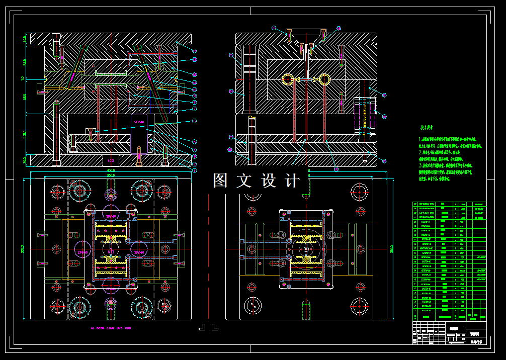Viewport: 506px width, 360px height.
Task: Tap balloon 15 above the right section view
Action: point(273,28)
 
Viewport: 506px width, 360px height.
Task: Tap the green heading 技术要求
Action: point(427,128)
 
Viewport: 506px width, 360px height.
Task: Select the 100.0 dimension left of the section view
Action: point(24,134)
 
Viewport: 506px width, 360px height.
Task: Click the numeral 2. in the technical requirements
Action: point(420,151)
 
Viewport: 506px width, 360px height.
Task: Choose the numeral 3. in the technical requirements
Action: point(420,165)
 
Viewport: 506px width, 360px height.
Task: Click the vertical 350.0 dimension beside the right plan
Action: point(391,249)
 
